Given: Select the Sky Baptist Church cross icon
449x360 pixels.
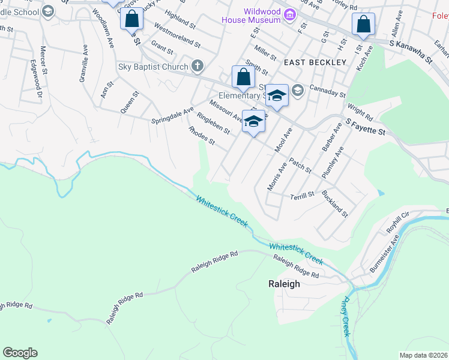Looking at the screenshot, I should click(197, 67).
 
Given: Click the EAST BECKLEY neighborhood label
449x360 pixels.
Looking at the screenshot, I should click(315, 62).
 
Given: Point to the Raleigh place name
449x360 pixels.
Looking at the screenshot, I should click(283, 285).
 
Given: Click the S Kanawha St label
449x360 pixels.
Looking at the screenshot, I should click(411, 52).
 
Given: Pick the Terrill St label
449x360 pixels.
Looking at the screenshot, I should click(302, 196).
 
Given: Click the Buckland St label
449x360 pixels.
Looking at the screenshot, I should click(334, 203).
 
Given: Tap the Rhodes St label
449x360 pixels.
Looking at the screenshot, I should click(201, 135).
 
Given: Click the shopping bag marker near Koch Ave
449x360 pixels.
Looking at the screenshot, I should click(363, 25).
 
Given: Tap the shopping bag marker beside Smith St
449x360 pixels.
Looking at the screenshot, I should click(243, 77).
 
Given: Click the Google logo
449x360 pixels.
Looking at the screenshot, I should click(20, 353).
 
